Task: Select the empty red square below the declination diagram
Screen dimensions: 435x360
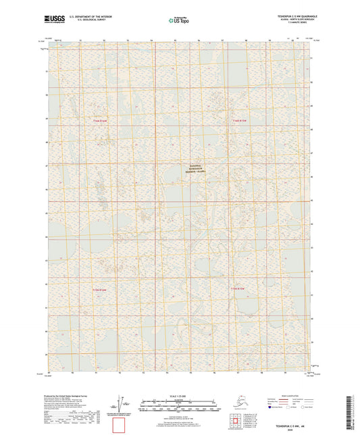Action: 120,426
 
